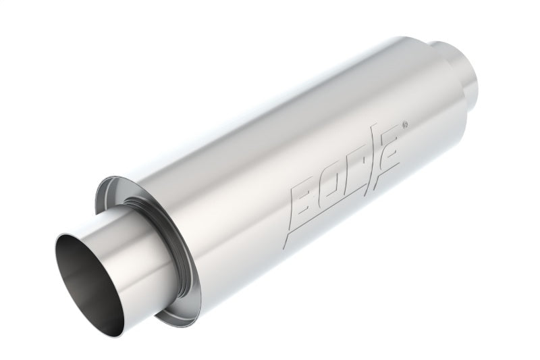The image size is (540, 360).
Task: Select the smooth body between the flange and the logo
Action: [x=236, y=203]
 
